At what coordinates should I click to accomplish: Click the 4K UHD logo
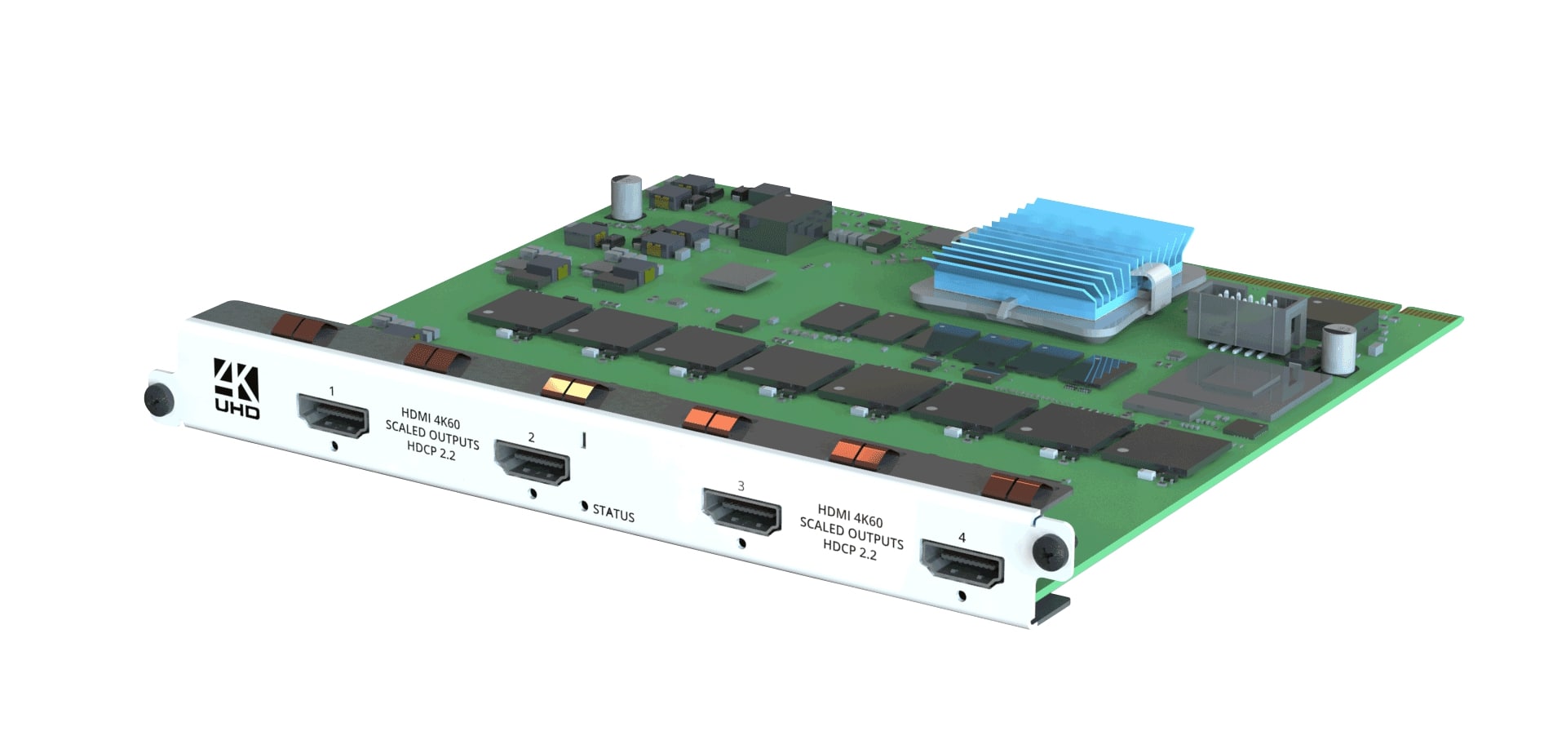tap(237, 388)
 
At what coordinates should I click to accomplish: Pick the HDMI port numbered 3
tap(741, 512)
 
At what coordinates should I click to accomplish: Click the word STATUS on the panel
tap(613, 513)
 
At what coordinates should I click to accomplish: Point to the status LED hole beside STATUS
tap(584, 507)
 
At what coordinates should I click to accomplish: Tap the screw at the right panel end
tap(1050, 552)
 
